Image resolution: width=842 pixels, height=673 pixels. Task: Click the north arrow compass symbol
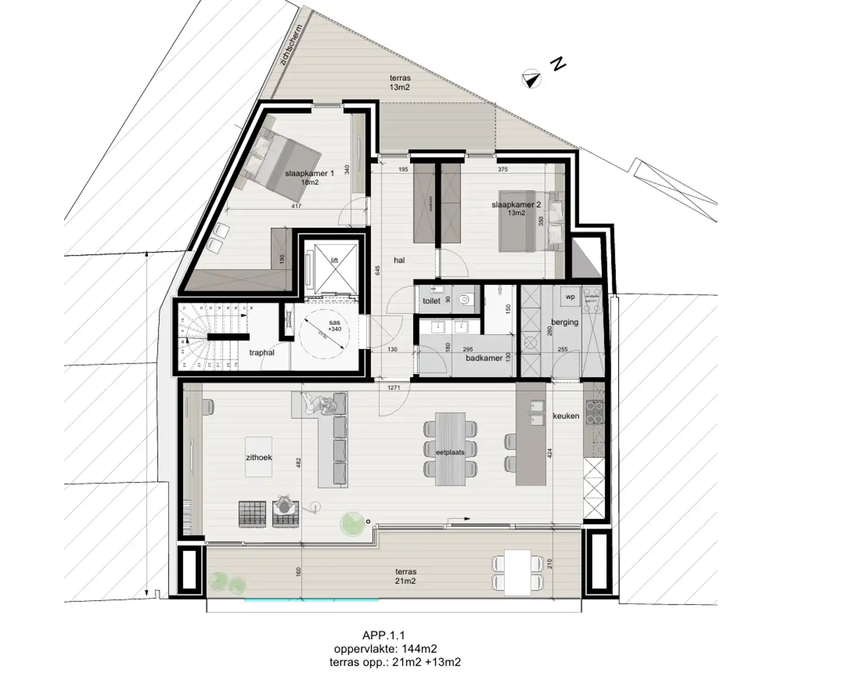(531, 80)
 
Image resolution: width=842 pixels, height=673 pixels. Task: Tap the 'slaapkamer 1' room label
(309, 174)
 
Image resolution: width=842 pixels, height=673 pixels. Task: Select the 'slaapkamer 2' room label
(516, 205)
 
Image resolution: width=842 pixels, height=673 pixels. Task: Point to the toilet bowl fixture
(464, 301)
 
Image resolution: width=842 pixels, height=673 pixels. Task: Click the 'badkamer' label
(484, 358)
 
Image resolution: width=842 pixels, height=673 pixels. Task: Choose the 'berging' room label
(564, 322)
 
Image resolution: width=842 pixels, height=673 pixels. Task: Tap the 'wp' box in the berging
(570, 297)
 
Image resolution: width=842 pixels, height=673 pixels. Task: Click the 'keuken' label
(565, 416)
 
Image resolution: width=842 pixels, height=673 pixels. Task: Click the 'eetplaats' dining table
(450, 449)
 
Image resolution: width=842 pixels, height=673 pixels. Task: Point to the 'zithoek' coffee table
(259, 457)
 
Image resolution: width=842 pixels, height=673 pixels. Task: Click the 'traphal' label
(261, 353)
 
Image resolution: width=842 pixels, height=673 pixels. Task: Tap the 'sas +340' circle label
(334, 326)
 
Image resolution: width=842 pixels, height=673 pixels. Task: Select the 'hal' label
(399, 260)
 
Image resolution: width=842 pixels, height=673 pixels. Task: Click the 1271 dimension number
(394, 388)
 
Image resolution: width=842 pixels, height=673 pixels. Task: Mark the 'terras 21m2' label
(405, 577)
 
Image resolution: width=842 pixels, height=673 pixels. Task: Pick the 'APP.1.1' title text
(384, 635)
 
